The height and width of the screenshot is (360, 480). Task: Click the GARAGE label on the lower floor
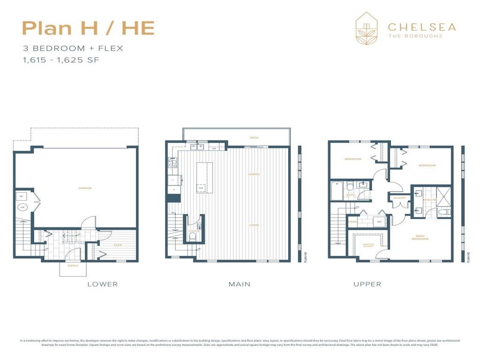(85, 188)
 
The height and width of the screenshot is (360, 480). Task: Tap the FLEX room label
(118, 245)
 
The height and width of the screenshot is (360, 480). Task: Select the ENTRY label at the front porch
(72, 265)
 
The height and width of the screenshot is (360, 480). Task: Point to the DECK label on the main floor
(254, 137)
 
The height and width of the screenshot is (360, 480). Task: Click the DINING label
(254, 174)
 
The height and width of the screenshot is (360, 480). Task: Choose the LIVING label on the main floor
(254, 225)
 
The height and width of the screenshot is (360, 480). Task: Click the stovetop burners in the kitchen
(172, 163)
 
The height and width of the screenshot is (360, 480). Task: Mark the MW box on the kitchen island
(201, 188)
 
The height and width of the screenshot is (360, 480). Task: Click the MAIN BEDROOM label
(420, 238)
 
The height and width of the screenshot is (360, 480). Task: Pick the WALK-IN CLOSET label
(368, 245)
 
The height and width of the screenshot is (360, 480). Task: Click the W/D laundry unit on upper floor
(379, 221)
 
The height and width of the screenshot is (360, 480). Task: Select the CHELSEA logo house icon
(367, 28)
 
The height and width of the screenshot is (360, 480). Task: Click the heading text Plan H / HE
(88, 29)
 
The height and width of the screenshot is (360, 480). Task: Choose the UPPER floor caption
(367, 284)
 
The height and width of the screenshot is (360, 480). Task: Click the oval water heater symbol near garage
(22, 208)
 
